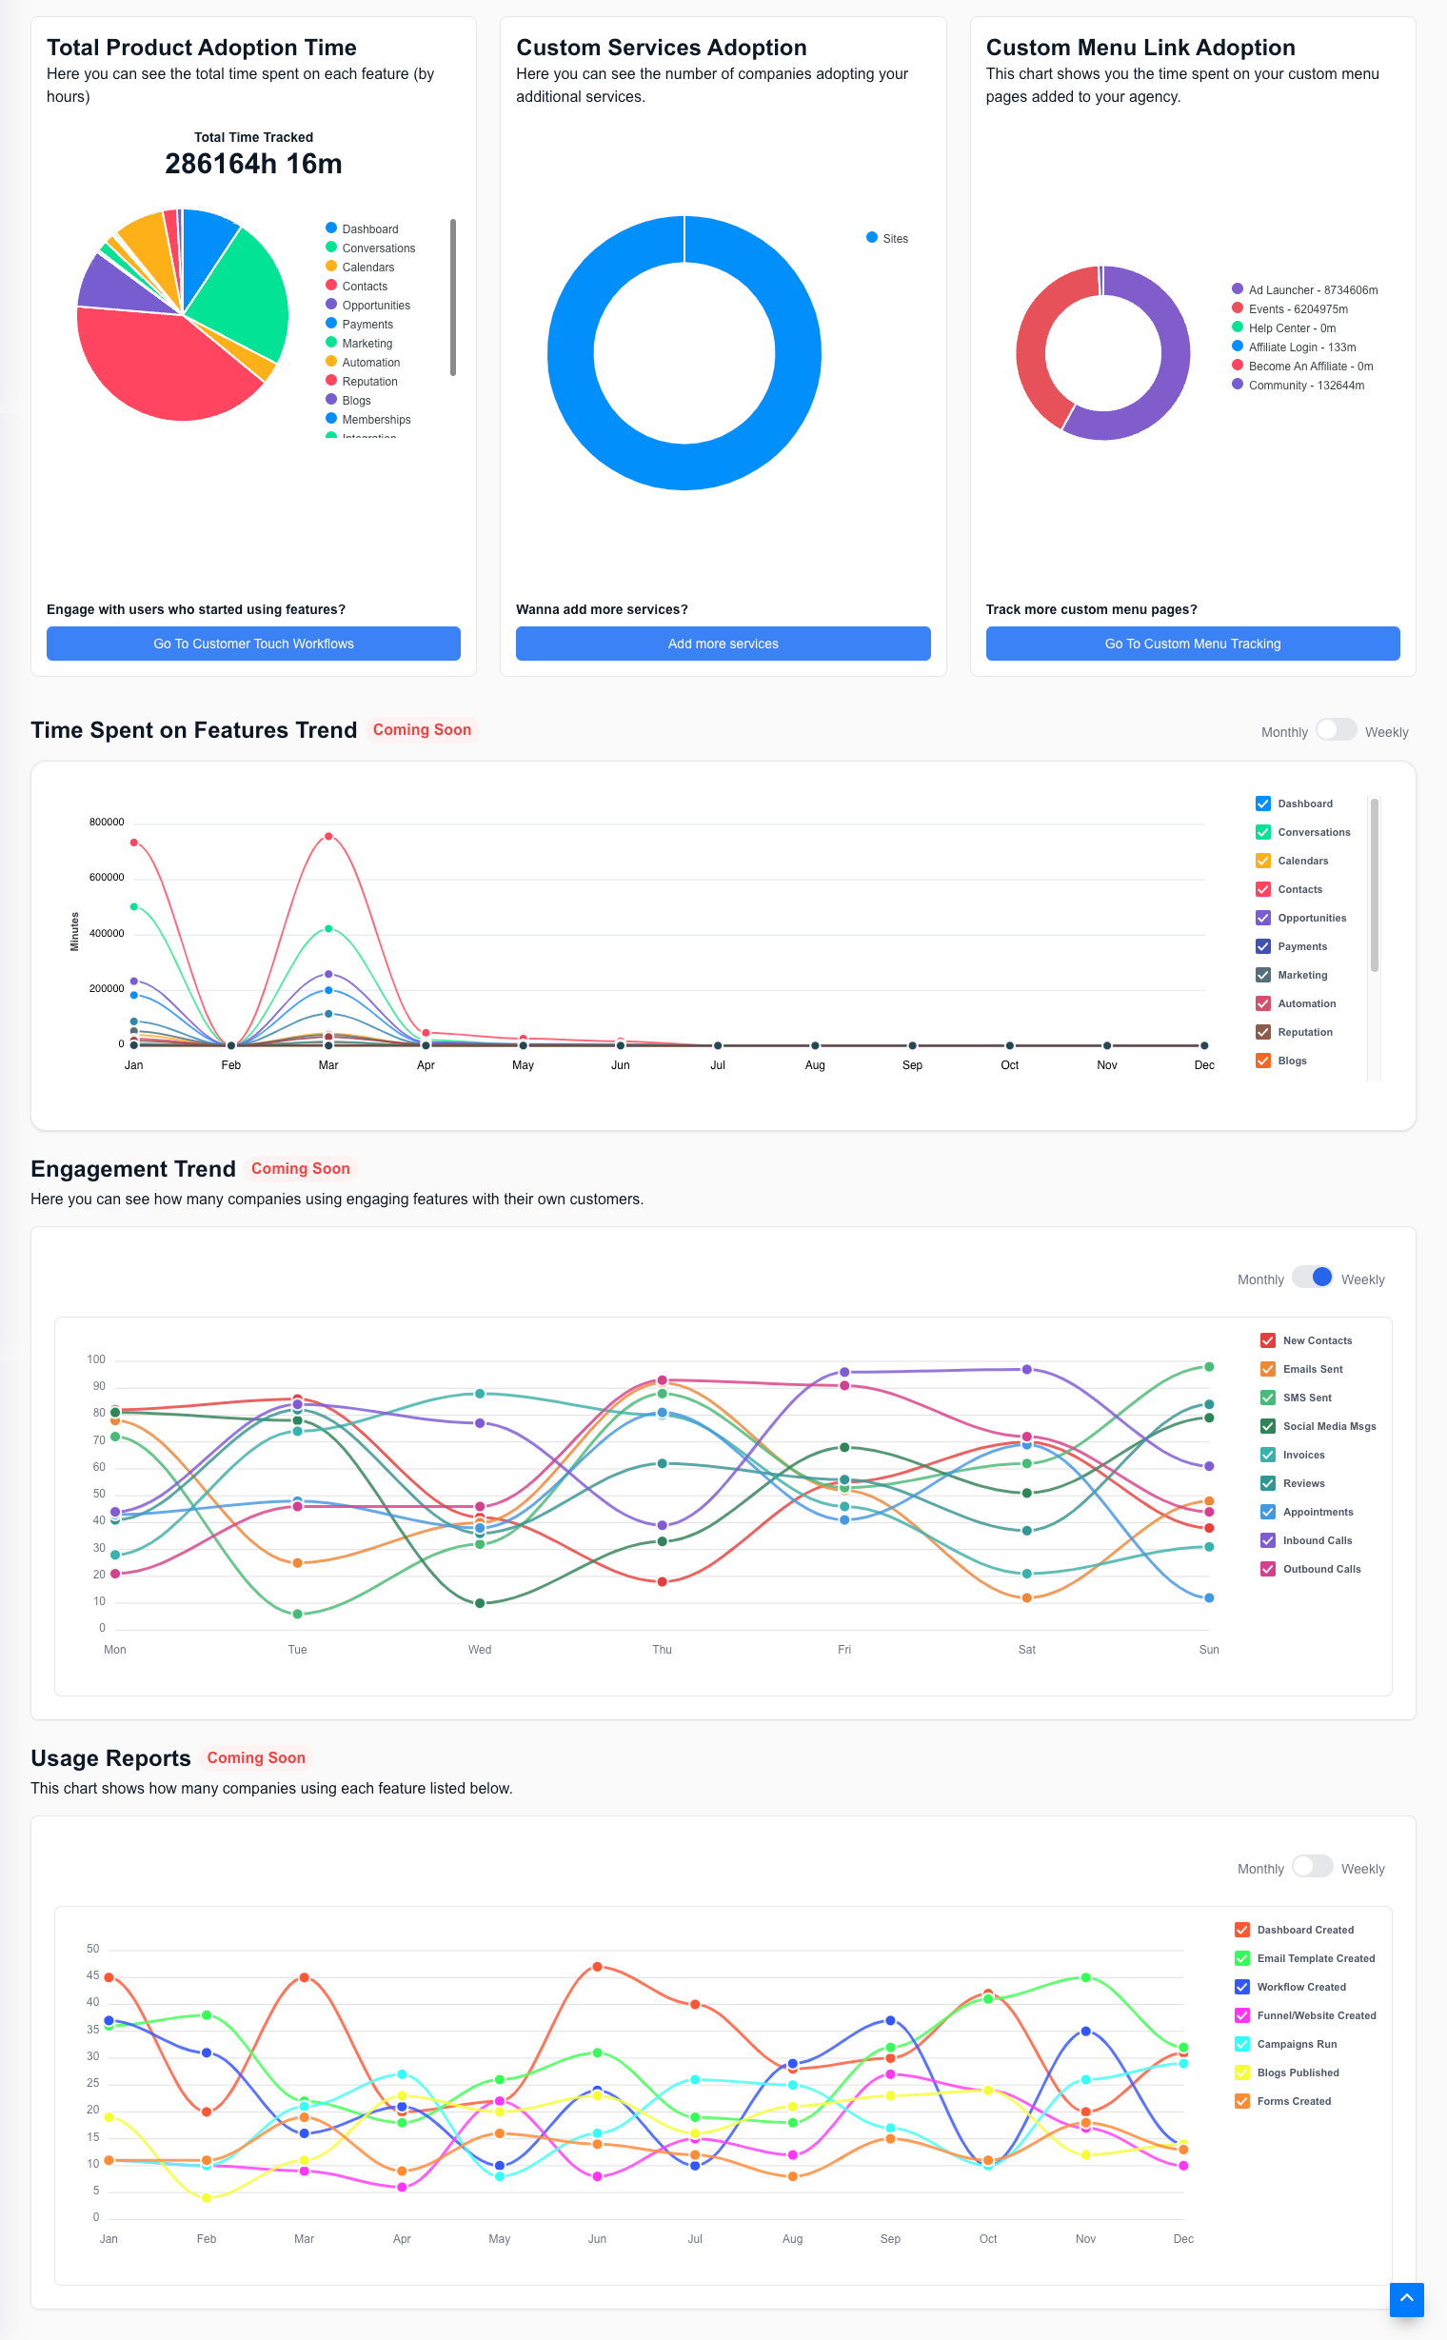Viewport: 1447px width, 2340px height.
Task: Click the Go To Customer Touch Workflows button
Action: pyautogui.click(x=253, y=644)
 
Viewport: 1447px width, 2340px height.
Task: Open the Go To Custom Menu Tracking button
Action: pyautogui.click(x=1193, y=644)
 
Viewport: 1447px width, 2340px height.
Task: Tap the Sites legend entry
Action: pyautogui.click(x=887, y=238)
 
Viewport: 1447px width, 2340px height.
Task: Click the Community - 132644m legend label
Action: pyautogui.click(x=1306, y=386)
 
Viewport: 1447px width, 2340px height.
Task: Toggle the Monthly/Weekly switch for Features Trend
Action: pyautogui.click(x=1336, y=730)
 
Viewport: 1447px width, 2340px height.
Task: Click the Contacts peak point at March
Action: pyautogui.click(x=328, y=837)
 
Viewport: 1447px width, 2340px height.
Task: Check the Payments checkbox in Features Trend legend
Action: pyautogui.click(x=1263, y=946)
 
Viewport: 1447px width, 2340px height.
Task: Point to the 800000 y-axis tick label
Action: pyautogui.click(x=107, y=823)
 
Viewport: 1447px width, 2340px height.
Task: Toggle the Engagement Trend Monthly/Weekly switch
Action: pyautogui.click(x=1312, y=1278)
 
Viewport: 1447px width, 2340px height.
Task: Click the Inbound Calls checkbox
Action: pyautogui.click(x=1268, y=1541)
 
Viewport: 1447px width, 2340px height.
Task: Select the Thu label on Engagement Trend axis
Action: pyautogui.click(x=663, y=1650)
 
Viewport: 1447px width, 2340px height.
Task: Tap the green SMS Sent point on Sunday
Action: pyautogui.click(x=1209, y=1367)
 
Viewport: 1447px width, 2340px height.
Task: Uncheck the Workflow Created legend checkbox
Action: pyautogui.click(x=1242, y=1987)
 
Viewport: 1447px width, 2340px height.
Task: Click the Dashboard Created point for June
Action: pyautogui.click(x=597, y=1967)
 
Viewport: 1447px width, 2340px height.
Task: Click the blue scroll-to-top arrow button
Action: pyautogui.click(x=1407, y=2300)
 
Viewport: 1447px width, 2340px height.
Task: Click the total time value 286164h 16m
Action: pyautogui.click(x=253, y=164)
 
